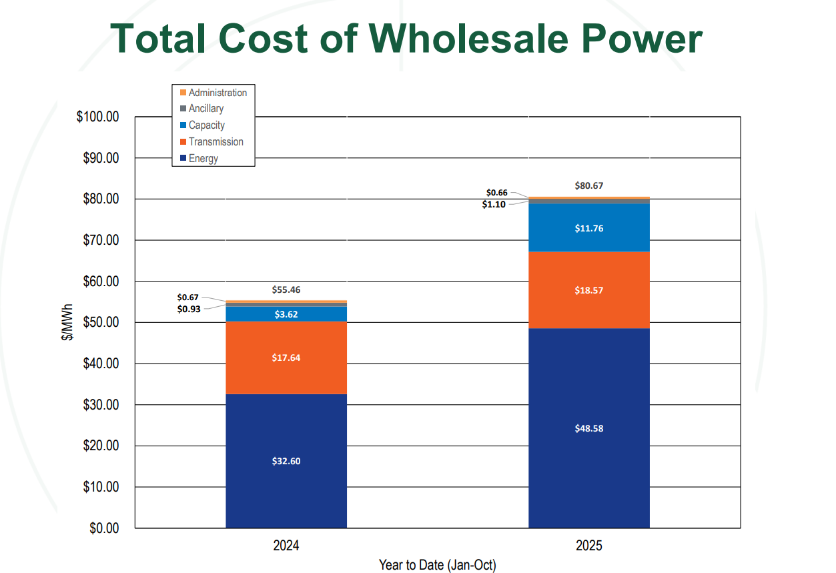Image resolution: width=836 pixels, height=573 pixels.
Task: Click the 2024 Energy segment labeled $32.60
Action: (286, 461)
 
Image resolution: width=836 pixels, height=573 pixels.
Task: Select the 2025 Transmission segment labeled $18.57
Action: (588, 290)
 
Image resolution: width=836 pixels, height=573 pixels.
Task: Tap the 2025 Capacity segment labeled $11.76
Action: (588, 228)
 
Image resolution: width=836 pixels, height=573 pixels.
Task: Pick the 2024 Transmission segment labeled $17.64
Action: (286, 358)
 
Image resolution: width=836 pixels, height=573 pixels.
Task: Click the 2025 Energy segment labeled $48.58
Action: (588, 428)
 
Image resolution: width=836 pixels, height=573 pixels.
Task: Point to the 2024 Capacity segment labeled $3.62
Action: (286, 314)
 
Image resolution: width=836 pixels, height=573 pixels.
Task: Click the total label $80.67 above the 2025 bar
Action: (588, 186)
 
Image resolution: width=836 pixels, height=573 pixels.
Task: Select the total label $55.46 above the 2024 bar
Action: (286, 290)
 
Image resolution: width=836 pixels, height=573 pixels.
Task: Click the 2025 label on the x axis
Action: (588, 546)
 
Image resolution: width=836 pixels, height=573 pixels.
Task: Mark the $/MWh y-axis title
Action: (67, 323)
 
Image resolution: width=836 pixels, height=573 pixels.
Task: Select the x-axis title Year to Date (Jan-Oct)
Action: (437, 565)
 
